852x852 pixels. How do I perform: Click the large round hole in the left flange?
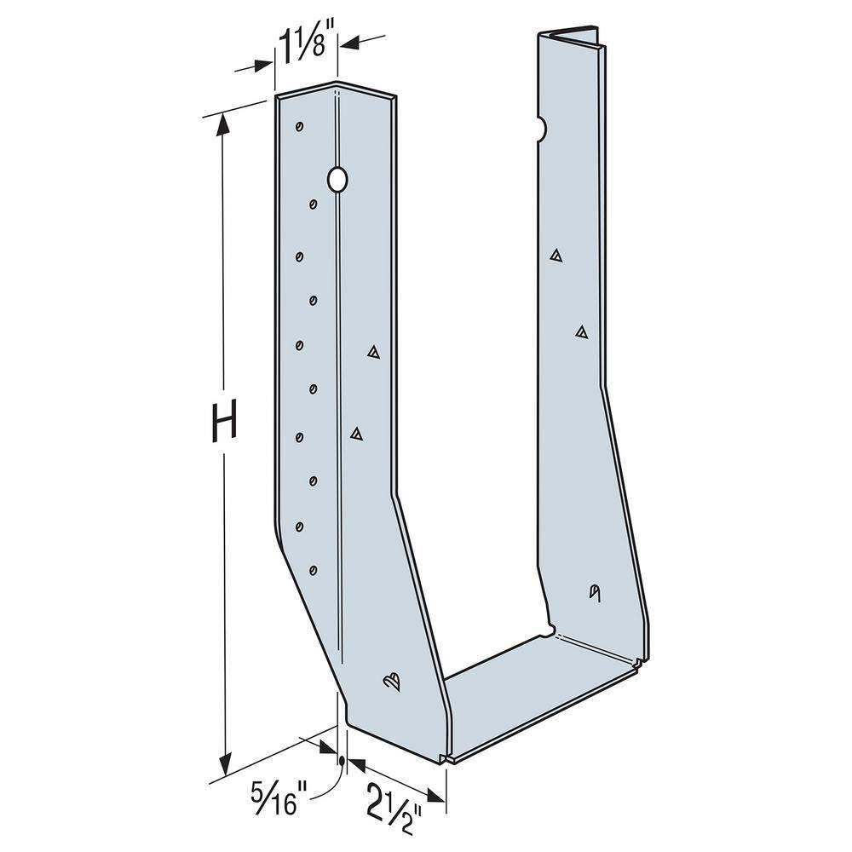click(337, 179)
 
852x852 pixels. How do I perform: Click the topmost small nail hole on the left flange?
click(299, 127)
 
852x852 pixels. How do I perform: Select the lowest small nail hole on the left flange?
click(313, 570)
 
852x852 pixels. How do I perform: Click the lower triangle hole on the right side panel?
click(581, 331)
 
